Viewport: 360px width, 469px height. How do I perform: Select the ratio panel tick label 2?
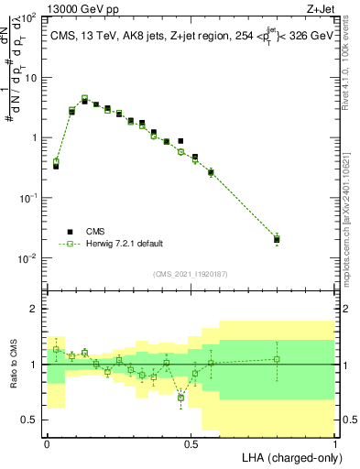pos(36,309)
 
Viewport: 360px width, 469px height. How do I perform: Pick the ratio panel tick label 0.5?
pos(30,420)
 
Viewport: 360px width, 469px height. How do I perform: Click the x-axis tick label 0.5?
pos(191,443)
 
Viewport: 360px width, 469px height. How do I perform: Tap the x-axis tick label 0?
pos(47,443)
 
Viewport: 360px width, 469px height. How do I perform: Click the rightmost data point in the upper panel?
pos(277,239)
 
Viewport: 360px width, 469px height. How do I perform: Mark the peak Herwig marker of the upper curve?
pos(84,98)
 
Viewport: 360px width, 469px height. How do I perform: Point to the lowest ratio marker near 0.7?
pos(181,398)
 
